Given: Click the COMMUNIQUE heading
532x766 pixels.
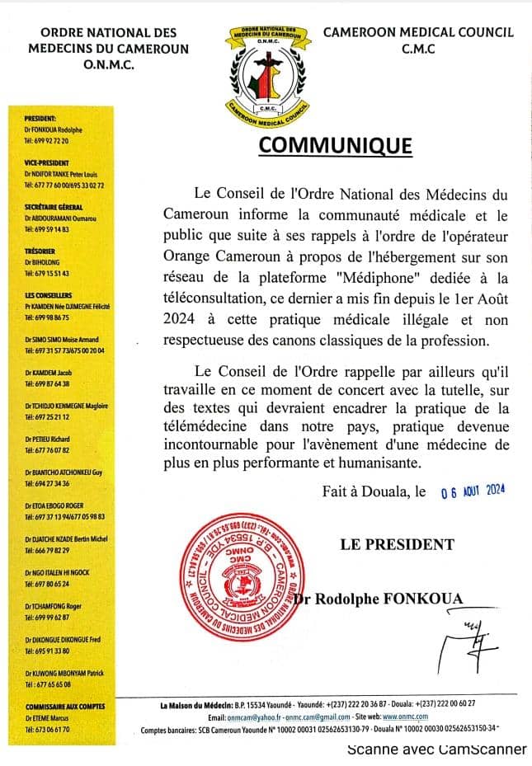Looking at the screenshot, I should [x=335, y=145].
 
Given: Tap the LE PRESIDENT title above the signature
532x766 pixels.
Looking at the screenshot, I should [x=397, y=544].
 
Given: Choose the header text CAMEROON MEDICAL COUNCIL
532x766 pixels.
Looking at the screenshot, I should [x=418, y=32].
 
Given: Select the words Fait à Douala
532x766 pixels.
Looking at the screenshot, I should [x=364, y=491].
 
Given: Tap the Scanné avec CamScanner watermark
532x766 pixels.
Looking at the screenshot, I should [x=436, y=749].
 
